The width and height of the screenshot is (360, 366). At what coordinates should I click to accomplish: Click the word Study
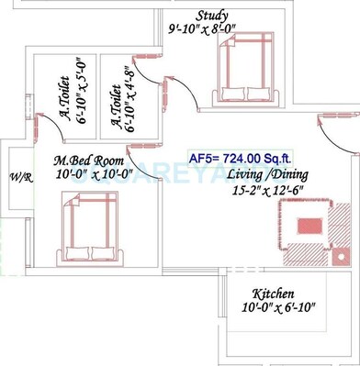(x=213, y=16)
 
